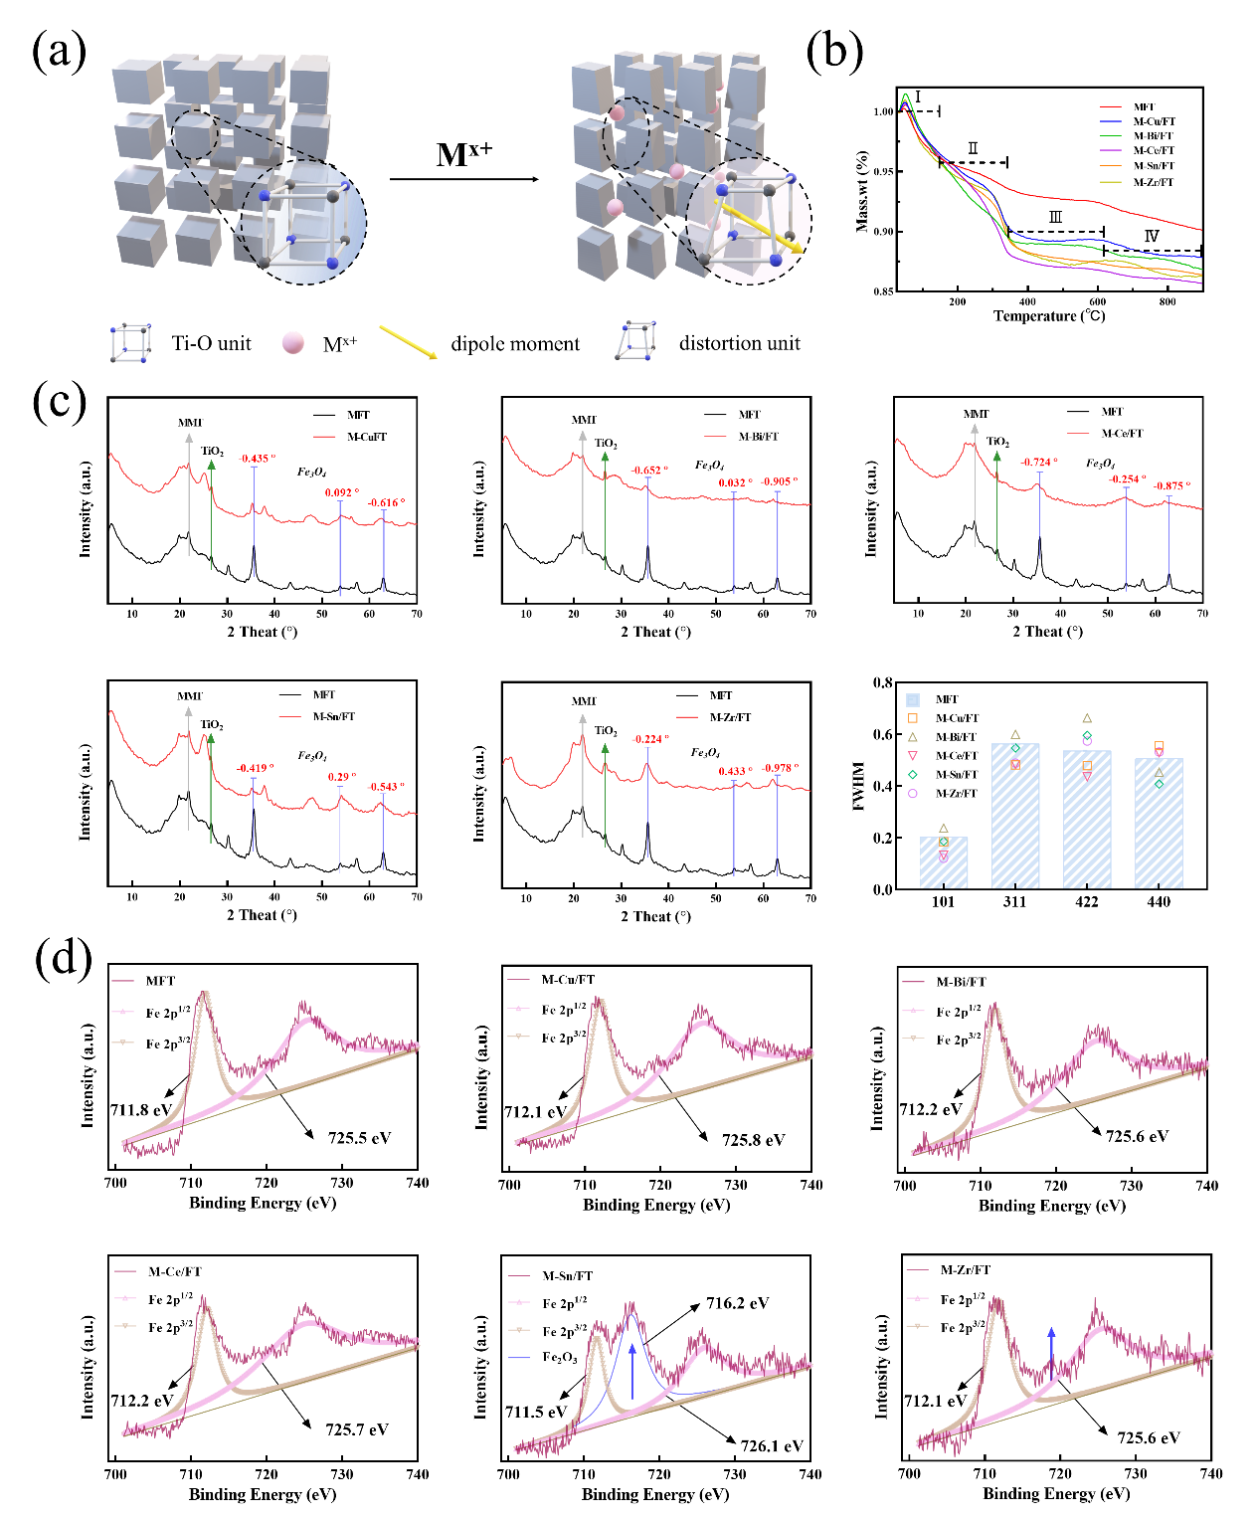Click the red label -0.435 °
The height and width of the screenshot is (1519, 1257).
(257, 459)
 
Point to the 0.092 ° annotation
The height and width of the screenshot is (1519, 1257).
(340, 492)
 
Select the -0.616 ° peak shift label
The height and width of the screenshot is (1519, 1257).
(386, 502)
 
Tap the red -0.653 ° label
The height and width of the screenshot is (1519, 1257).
(649, 470)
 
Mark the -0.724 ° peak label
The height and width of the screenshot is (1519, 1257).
(1038, 462)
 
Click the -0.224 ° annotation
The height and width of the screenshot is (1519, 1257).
(649, 739)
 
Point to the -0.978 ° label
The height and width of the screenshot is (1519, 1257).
(780, 767)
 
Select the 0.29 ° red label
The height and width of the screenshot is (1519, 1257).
(341, 777)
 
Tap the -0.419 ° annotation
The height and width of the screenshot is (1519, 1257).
(255, 768)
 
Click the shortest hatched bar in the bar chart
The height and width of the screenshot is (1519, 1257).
(943, 861)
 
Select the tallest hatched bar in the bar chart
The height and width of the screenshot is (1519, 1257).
(1015, 816)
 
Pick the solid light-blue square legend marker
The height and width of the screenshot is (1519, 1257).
(913, 700)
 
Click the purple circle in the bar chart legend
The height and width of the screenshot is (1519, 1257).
(913, 793)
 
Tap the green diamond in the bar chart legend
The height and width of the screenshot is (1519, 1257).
(913, 774)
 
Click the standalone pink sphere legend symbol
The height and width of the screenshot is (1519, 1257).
(292, 342)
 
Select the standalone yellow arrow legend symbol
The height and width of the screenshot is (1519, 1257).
(408, 341)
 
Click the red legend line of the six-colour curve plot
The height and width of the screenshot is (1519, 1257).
(1110, 106)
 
